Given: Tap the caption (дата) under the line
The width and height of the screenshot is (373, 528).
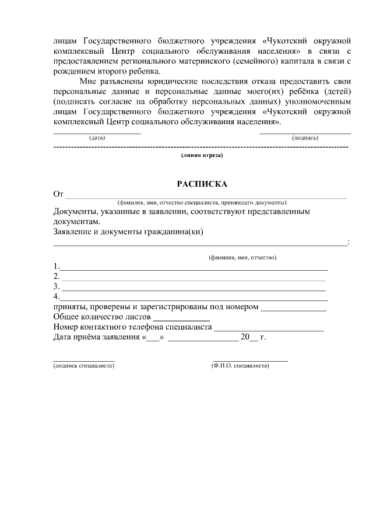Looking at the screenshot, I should [97, 138].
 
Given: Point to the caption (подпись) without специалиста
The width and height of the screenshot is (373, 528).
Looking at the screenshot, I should [304, 138].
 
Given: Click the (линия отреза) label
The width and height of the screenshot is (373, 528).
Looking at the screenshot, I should [202, 156].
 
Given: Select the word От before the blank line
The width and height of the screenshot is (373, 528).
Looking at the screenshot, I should [58, 194].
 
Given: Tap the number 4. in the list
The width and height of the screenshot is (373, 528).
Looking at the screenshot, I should [57, 297].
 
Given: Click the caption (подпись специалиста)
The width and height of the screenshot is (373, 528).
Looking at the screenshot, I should [83, 366].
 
